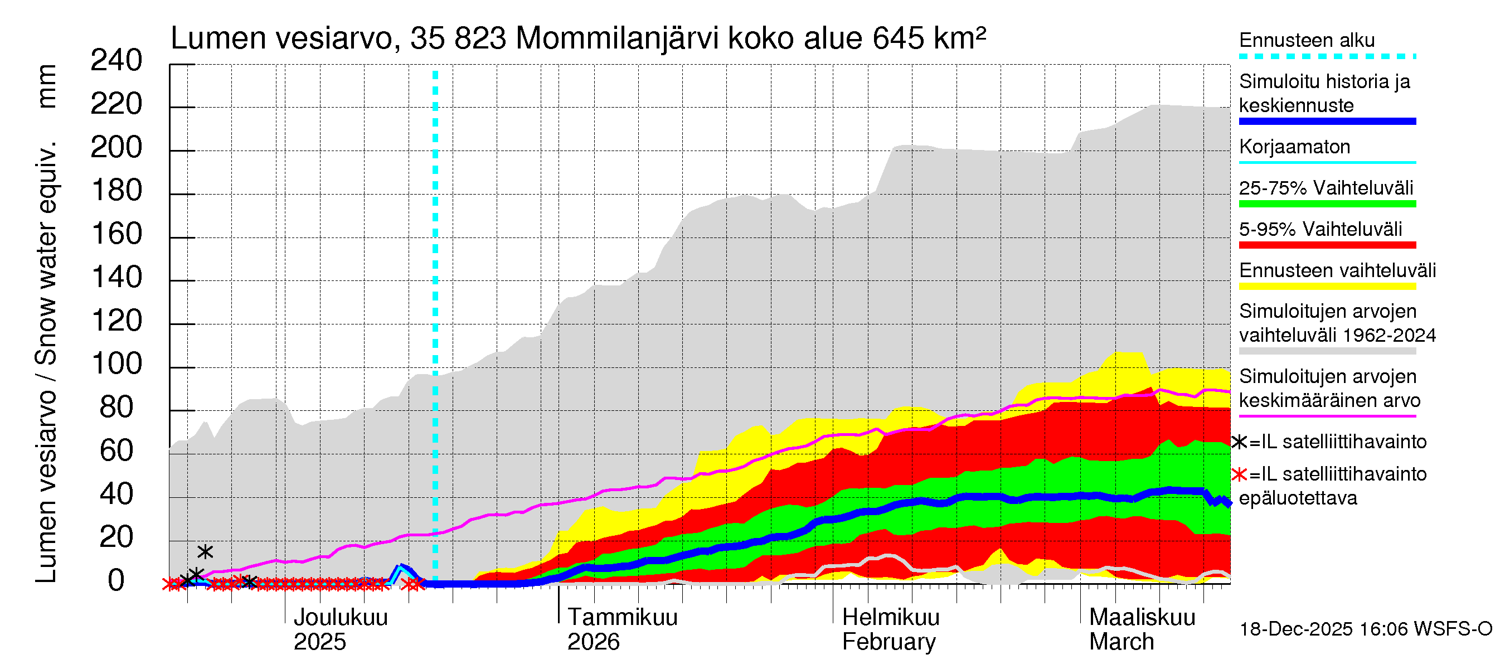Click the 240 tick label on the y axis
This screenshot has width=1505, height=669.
pyautogui.click(x=116, y=61)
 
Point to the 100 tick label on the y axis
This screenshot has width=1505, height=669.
pyautogui.click(x=116, y=364)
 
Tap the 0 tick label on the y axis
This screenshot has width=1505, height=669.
pyautogui.click(x=116, y=581)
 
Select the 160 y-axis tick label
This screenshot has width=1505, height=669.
pyautogui.click(x=116, y=234)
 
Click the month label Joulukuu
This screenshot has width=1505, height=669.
pyautogui.click(x=341, y=617)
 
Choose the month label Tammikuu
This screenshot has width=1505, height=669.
pyautogui.click(x=622, y=617)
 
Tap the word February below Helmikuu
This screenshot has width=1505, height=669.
pyautogui.click(x=889, y=642)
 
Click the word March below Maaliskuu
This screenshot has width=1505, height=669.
pyautogui.click(x=1121, y=642)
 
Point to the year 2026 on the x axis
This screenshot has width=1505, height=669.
pyautogui.click(x=593, y=642)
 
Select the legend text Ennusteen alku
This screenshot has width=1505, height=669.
pyautogui.click(x=1307, y=40)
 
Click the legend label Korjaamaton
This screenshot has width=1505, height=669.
pyautogui.click(x=1294, y=147)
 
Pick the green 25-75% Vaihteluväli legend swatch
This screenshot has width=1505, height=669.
pyautogui.click(x=1327, y=204)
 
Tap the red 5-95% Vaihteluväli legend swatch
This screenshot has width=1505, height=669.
pyautogui.click(x=1327, y=245)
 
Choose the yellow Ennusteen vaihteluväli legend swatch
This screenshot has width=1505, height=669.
pyautogui.click(x=1327, y=287)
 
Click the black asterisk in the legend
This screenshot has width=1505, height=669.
pyautogui.click(x=1239, y=442)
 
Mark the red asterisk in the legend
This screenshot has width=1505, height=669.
pyautogui.click(x=1239, y=474)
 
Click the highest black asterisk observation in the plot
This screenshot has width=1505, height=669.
pyautogui.click(x=205, y=551)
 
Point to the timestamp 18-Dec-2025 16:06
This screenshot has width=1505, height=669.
pyautogui.click(x=1296, y=629)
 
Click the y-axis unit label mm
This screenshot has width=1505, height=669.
pyautogui.click(x=47, y=86)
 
